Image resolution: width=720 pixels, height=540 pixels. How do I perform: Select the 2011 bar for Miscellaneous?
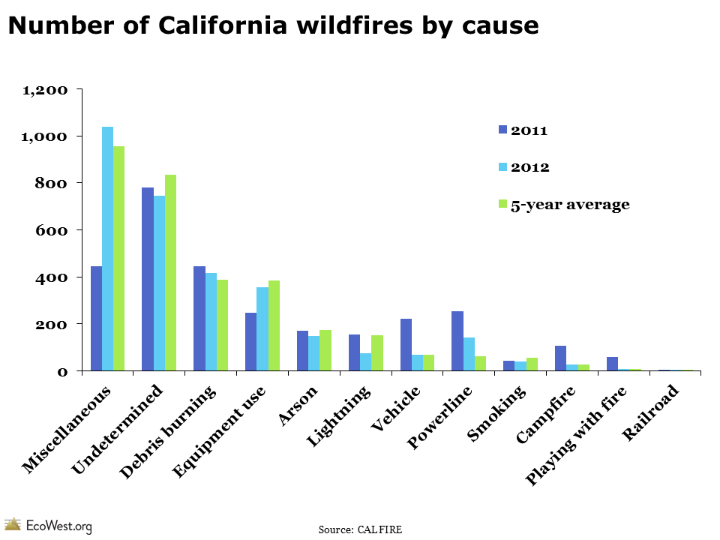pyautogui.click(x=96, y=319)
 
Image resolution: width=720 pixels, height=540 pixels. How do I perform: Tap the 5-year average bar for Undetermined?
pyautogui.click(x=170, y=273)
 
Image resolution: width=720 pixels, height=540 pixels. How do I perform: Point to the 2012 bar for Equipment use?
pyautogui.click(x=262, y=329)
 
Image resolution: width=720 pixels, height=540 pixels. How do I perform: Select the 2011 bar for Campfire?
pyautogui.click(x=560, y=358)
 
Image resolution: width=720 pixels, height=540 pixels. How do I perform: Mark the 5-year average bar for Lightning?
pyautogui.click(x=376, y=353)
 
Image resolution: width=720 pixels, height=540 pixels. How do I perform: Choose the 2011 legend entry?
pyautogui.click(x=529, y=130)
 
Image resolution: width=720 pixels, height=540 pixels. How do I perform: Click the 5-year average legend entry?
pyautogui.click(x=570, y=204)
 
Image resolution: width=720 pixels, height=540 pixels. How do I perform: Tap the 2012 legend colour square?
pyautogui.click(x=503, y=166)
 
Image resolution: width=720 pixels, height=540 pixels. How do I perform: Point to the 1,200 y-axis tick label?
pyautogui.click(x=46, y=90)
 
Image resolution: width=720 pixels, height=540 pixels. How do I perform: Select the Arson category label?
pyautogui.click(x=300, y=406)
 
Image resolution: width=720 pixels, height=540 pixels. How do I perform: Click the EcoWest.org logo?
pyautogui.click(x=48, y=525)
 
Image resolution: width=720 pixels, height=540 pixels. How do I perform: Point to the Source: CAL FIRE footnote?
pyautogui.click(x=360, y=529)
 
